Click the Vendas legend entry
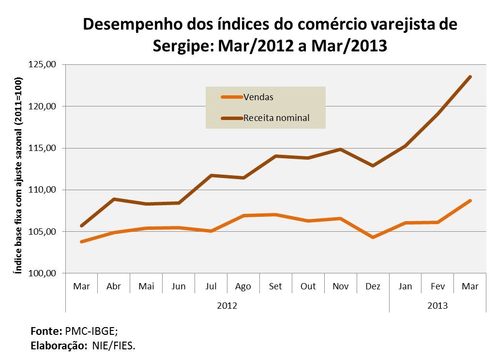click(258, 97)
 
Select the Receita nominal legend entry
click(276, 118)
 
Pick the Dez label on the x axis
click(373, 286)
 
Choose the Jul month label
click(211, 286)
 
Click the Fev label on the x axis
click(437, 286)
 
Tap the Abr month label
click(113, 286)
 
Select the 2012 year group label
click(227, 306)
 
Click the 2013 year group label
click(437, 306)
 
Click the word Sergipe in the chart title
click(183, 45)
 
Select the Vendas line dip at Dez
click(373, 237)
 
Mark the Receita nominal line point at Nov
click(340, 149)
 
